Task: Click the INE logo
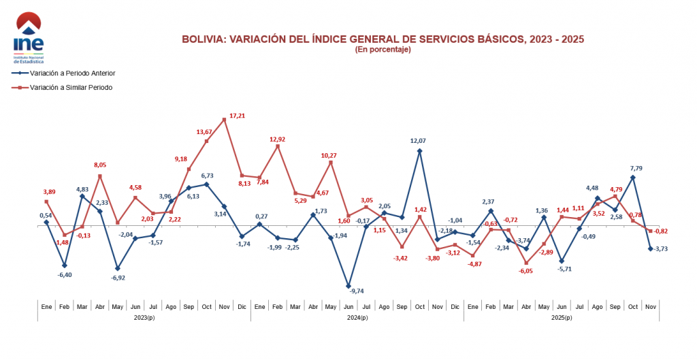tap(28, 37)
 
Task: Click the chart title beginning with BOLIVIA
tap(383, 39)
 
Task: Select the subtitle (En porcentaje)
tap(383, 50)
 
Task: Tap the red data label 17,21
tap(238, 116)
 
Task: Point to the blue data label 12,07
tap(419, 141)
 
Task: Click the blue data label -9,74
tap(357, 291)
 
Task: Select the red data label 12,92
tap(277, 140)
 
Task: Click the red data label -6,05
tap(526, 271)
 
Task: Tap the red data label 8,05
tap(101, 165)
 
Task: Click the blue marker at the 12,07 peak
tap(419, 151)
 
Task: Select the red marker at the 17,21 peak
tap(225, 120)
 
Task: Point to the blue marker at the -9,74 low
tap(348, 287)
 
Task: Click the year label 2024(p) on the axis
tap(357, 318)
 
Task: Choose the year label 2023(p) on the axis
tap(144, 318)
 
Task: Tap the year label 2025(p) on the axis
tap(561, 318)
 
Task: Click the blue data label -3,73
tap(661, 248)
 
